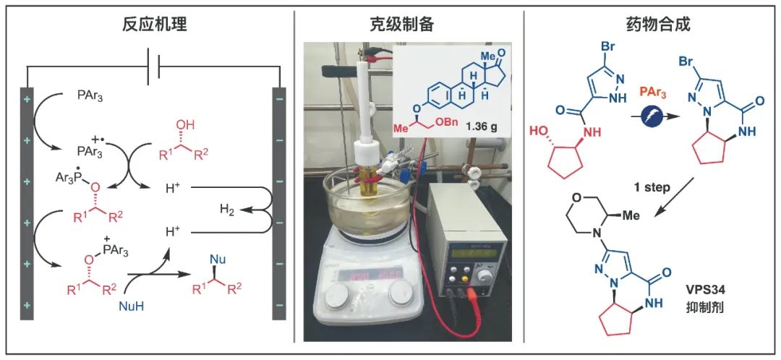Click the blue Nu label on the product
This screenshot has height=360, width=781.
[217, 258]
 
